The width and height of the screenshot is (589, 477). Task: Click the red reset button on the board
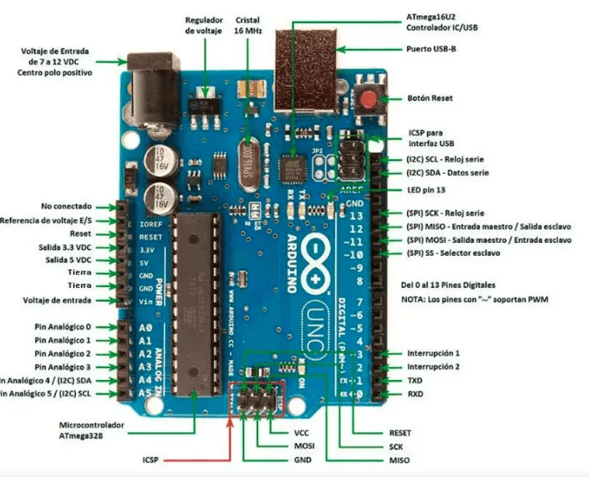(x=368, y=99)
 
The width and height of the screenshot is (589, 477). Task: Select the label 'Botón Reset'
(x=430, y=98)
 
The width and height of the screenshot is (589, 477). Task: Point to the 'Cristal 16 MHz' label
(x=248, y=25)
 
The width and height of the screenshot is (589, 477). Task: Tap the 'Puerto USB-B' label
(x=434, y=48)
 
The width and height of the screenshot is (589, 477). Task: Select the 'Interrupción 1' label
(x=434, y=353)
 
